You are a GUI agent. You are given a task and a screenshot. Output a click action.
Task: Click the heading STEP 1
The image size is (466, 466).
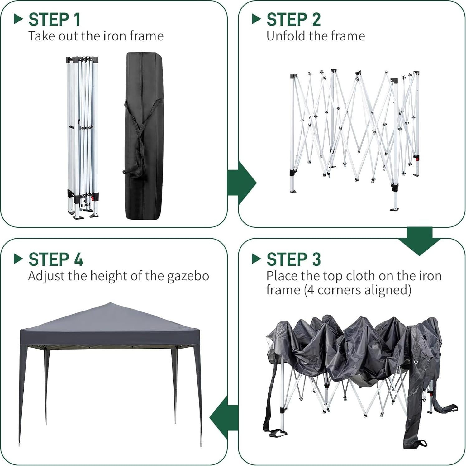(x=55, y=20)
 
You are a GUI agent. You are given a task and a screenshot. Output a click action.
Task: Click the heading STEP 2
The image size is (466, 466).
(x=293, y=20)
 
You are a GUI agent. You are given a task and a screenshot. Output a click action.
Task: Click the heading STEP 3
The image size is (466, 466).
(x=293, y=259)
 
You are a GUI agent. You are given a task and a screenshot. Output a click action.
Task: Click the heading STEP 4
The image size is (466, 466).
(x=56, y=259)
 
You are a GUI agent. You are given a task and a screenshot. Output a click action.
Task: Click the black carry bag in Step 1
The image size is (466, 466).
(x=144, y=136)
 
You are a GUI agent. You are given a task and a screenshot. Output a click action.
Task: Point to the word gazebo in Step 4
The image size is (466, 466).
(x=188, y=276)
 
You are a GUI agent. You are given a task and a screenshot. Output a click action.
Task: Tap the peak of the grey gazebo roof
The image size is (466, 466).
(x=110, y=304)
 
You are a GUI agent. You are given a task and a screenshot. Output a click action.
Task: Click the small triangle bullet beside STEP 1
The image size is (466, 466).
(x=18, y=19)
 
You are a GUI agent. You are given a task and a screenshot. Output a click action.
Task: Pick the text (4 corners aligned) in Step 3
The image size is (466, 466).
(x=357, y=290)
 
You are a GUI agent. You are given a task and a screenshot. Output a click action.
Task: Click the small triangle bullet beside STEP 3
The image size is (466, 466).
(x=256, y=259)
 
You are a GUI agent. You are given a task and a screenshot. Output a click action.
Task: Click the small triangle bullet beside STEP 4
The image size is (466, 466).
(x=18, y=259)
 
